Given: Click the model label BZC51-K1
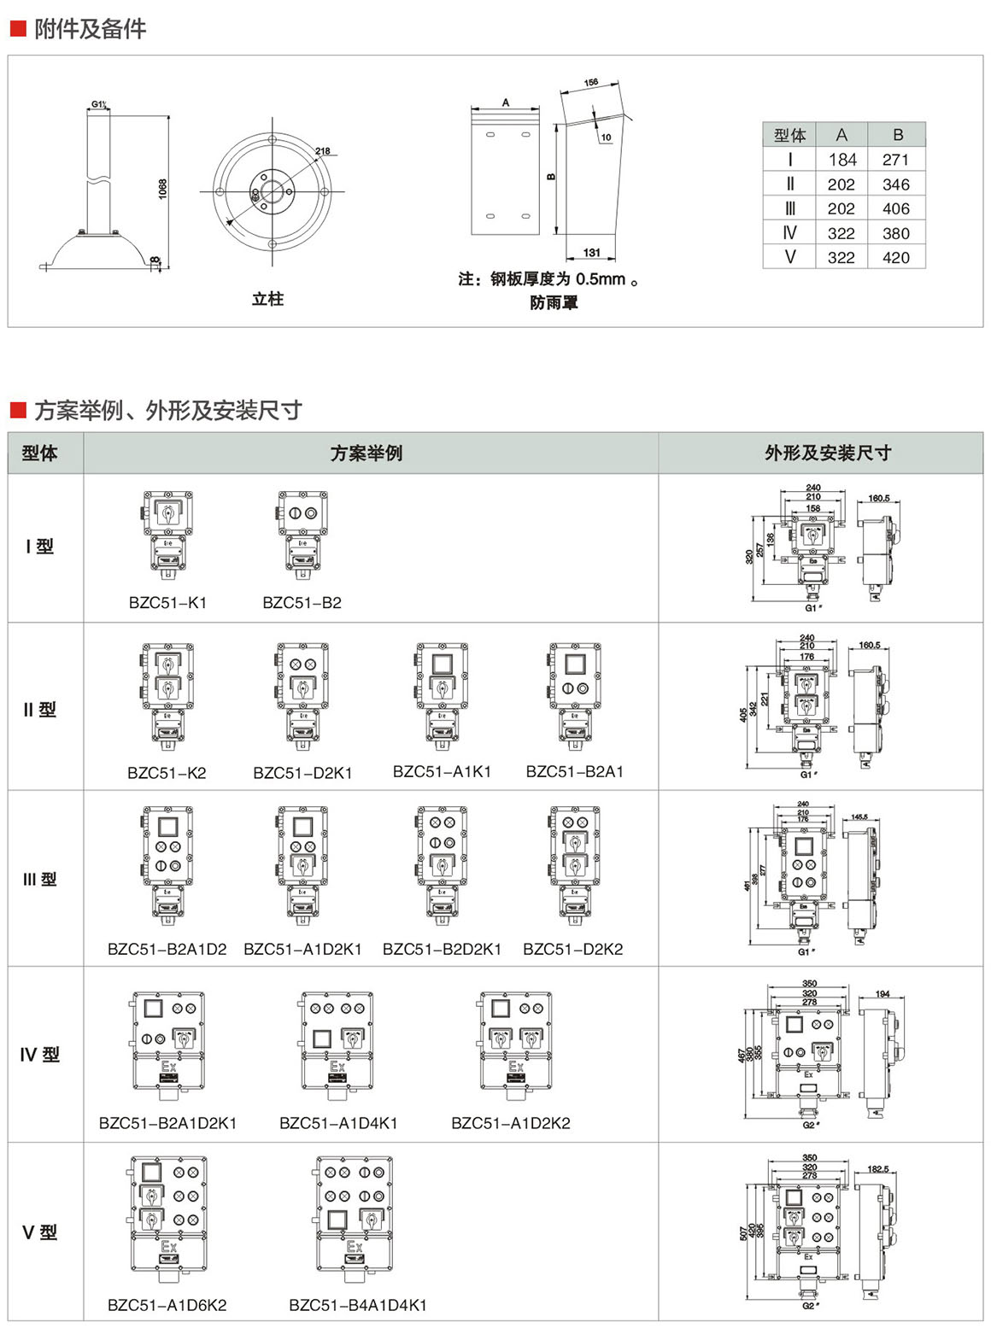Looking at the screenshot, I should pos(167,603).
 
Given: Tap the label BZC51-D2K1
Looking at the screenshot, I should pos(302,773).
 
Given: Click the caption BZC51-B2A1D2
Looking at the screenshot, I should pos(167,949).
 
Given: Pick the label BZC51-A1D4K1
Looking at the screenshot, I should pos(338,1123).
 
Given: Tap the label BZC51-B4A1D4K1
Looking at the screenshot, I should pos(357,1305).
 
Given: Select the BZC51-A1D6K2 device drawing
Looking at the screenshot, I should pos(168,1217).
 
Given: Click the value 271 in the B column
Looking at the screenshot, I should pos(895,160).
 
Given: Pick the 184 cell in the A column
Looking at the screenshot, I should pos(841,160).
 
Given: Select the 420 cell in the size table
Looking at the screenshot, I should pos(895,258).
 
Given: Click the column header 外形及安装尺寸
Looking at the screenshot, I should pos(827,453).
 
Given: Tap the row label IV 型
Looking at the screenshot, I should pos(40,1056).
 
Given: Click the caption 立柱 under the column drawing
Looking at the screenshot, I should pos(267,299).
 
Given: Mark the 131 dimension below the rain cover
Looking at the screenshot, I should pos(591,253).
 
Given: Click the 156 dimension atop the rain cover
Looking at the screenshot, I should pos(590,83).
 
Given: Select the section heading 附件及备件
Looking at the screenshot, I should pos(90,30).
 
